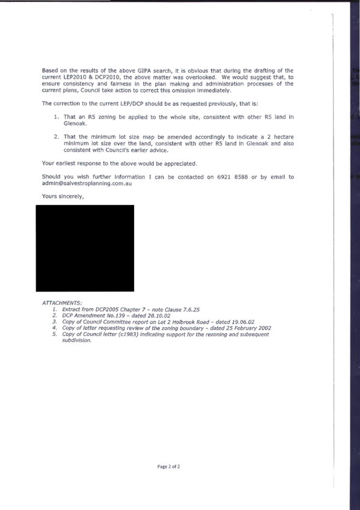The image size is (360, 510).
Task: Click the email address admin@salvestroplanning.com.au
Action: (x=87, y=183)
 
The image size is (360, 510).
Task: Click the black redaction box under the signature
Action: (x=85, y=248)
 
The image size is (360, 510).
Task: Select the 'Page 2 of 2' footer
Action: (x=169, y=467)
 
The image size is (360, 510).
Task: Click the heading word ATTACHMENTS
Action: (x=62, y=303)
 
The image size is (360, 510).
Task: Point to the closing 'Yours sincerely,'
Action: (x=63, y=197)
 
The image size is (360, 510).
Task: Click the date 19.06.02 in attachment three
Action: (x=243, y=322)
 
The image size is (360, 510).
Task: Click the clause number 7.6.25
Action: (x=191, y=310)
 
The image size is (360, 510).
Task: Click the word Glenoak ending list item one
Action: (x=75, y=124)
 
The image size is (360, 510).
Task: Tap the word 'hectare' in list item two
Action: (x=284, y=137)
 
